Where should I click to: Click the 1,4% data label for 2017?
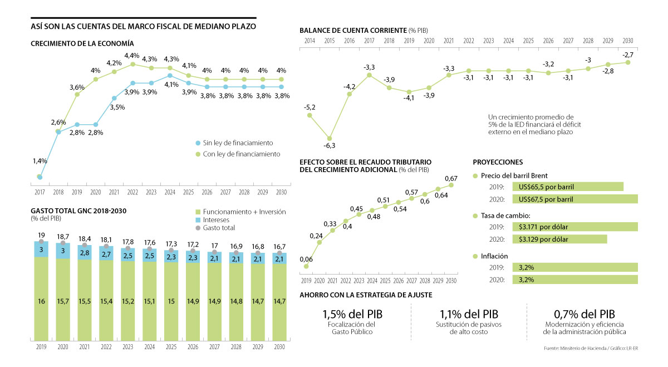(x=40, y=161)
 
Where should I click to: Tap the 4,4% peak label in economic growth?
(x=132, y=56)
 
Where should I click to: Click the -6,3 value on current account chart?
(x=330, y=145)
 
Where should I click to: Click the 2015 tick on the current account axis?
(x=329, y=41)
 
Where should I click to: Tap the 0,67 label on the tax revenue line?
(x=451, y=178)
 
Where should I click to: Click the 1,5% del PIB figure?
(x=352, y=314)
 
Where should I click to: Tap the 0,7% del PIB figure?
(x=584, y=314)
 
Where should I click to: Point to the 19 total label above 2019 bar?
(x=41, y=235)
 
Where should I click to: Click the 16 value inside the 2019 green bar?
(x=41, y=301)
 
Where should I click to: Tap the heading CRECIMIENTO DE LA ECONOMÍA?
(x=82, y=43)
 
